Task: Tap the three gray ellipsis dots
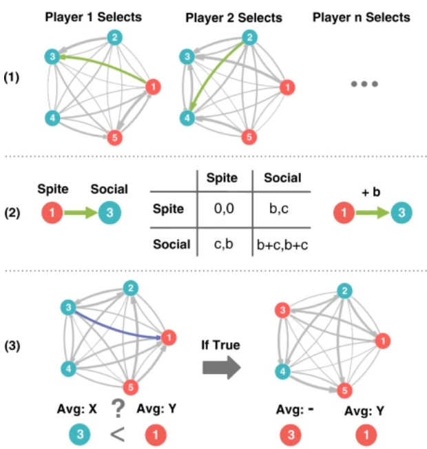[x=364, y=85]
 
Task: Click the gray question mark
[x=118, y=408]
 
